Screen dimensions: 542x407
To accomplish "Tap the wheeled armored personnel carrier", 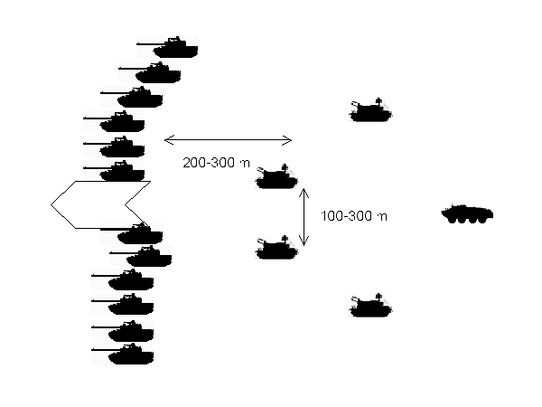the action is click(467, 213).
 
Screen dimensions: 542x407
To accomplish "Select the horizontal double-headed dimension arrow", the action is click(229, 140).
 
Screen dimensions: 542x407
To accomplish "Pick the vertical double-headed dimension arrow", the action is click(304, 217).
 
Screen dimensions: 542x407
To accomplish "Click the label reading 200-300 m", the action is click(217, 163).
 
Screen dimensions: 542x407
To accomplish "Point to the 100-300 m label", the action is click(354, 216).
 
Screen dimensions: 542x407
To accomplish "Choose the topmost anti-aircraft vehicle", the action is click(371, 110).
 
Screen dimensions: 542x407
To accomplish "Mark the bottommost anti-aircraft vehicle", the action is click(371, 306).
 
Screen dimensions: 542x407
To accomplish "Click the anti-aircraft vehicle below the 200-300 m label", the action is click(276, 177).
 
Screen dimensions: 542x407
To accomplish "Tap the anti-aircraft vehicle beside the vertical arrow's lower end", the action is click(276, 248).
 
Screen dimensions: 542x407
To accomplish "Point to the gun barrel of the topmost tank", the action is click(152, 44).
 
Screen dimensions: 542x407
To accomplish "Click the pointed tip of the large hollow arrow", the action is click(51, 204).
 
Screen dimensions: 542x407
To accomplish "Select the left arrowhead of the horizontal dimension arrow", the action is click(169, 140).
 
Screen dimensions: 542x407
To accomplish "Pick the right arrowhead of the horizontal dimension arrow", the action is click(287, 140).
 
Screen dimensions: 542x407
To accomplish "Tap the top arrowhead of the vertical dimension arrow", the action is click(304, 193).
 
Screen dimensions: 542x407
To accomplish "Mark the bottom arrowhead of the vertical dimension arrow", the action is click(304, 241).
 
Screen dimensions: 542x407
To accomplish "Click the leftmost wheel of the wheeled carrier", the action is click(453, 220).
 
